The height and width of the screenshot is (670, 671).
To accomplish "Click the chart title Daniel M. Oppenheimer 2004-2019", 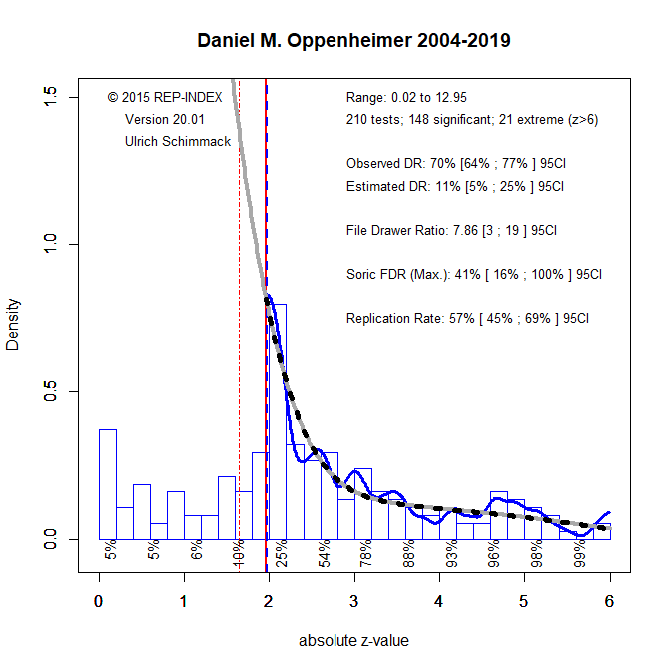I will click(x=354, y=42).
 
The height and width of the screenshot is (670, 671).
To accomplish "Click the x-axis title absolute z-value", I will click(x=353, y=641).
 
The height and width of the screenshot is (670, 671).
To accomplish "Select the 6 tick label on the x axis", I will click(x=609, y=601).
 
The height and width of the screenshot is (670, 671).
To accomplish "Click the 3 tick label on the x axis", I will click(x=354, y=601).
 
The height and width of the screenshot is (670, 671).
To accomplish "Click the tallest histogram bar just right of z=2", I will click(x=278, y=419).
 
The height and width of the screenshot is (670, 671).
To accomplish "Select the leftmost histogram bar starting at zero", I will click(x=107, y=484).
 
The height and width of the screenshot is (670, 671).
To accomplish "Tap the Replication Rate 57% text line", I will click(x=467, y=319).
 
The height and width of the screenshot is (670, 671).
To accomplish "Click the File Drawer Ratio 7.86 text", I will click(x=451, y=230).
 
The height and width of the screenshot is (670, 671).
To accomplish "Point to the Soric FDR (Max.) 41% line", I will click(x=473, y=274).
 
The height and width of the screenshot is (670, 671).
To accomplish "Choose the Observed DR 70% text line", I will click(x=456, y=163).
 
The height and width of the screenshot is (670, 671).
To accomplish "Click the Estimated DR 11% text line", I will click(x=455, y=186).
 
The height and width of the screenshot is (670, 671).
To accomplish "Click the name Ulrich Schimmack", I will click(x=178, y=142).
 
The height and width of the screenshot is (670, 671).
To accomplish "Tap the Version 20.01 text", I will click(x=164, y=120).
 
